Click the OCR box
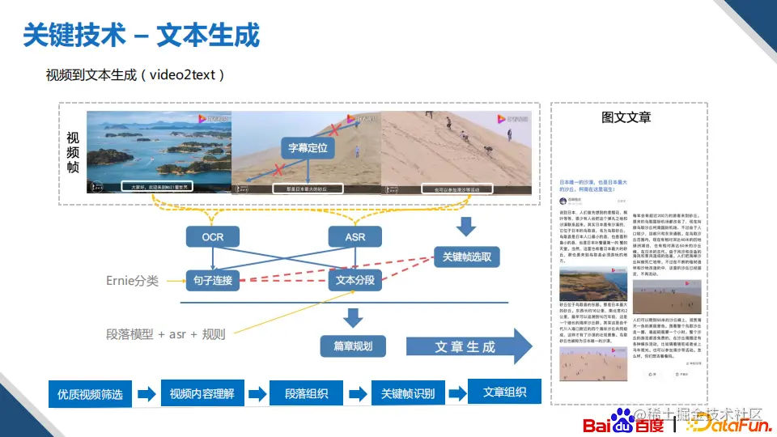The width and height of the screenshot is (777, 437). tap(213, 237)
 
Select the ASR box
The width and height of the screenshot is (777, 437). tap(355, 237)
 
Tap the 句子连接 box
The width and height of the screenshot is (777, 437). tap(213, 281)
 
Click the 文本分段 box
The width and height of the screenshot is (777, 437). tap(355, 281)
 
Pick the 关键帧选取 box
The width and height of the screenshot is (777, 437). tap(467, 257)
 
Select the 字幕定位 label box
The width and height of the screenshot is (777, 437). tap(308, 148)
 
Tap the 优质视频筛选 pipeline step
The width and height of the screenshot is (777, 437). tap(90, 394)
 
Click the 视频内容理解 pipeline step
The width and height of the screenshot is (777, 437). tap(202, 394)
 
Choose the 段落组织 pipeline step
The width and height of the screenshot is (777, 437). tap(307, 394)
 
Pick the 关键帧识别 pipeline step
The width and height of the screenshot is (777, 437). tap(408, 394)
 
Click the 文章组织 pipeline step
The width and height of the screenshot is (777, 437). tap(505, 392)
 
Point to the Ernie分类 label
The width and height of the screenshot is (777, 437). tap(132, 281)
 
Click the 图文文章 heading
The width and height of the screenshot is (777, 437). tap(626, 117)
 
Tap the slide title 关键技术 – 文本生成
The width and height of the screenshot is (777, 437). tap(142, 35)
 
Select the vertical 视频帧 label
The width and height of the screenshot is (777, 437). tap(73, 151)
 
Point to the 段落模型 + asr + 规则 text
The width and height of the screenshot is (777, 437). tap(166, 333)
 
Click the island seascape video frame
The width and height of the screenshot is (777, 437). tap(159, 152)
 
